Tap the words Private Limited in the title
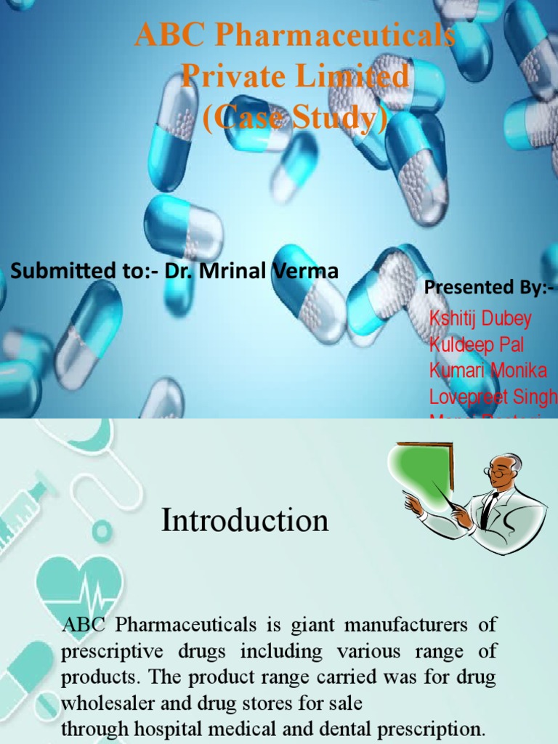click(x=294, y=77)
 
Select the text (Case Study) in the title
click(x=294, y=117)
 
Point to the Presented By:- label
click(x=488, y=288)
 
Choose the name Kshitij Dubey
click(x=480, y=318)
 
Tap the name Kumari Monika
click(x=488, y=371)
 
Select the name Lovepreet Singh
click(x=493, y=397)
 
